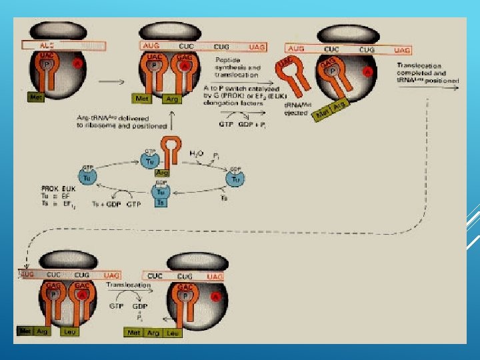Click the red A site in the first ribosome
point(77,63)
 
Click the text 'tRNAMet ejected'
point(297,109)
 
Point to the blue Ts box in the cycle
point(160,202)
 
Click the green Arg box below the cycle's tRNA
point(161,172)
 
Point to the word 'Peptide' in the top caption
point(227,60)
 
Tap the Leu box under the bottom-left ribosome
point(69,331)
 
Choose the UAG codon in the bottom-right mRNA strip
point(215,276)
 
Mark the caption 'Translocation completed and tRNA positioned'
point(427,73)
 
